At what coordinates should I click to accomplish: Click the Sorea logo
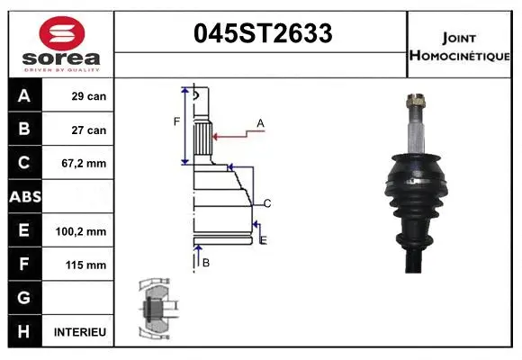pos(61,45)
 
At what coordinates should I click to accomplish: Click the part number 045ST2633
pos(263,34)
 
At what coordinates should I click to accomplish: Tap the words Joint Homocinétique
pos(460,45)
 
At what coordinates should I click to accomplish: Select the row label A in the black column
pos(23,96)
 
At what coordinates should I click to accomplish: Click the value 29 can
pos(89,96)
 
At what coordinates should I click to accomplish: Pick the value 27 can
pos(89,130)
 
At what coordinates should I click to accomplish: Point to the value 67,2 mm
pos(85,164)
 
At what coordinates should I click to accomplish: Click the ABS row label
pos(23,197)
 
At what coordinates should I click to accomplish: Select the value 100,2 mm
pos(81,231)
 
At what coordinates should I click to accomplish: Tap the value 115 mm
pos(85,265)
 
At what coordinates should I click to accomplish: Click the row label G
pos(23,298)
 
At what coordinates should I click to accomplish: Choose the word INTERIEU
pos(80,332)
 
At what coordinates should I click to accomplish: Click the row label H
pos(23,332)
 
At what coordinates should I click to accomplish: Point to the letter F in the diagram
pos(176,120)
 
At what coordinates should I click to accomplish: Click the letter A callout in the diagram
pos(260,122)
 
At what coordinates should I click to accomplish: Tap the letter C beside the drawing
pos(267,202)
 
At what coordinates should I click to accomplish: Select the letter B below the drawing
pos(206,262)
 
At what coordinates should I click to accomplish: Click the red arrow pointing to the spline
pos(233,136)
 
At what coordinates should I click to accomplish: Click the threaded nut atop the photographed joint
pos(416,101)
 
